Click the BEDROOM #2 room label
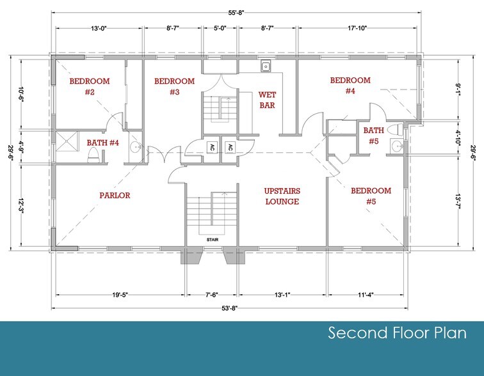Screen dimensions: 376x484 (x=90, y=87)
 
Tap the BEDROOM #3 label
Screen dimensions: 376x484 (x=174, y=87)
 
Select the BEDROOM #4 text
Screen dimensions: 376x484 (x=350, y=86)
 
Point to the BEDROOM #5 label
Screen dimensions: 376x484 (x=371, y=196)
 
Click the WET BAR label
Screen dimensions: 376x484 (x=267, y=100)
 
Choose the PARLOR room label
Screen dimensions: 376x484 (x=115, y=195)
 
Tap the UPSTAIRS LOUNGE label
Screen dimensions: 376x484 (x=282, y=196)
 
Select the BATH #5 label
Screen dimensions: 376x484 (x=373, y=136)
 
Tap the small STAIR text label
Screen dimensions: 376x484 (x=211, y=240)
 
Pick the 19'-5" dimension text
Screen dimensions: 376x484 (x=120, y=295)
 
